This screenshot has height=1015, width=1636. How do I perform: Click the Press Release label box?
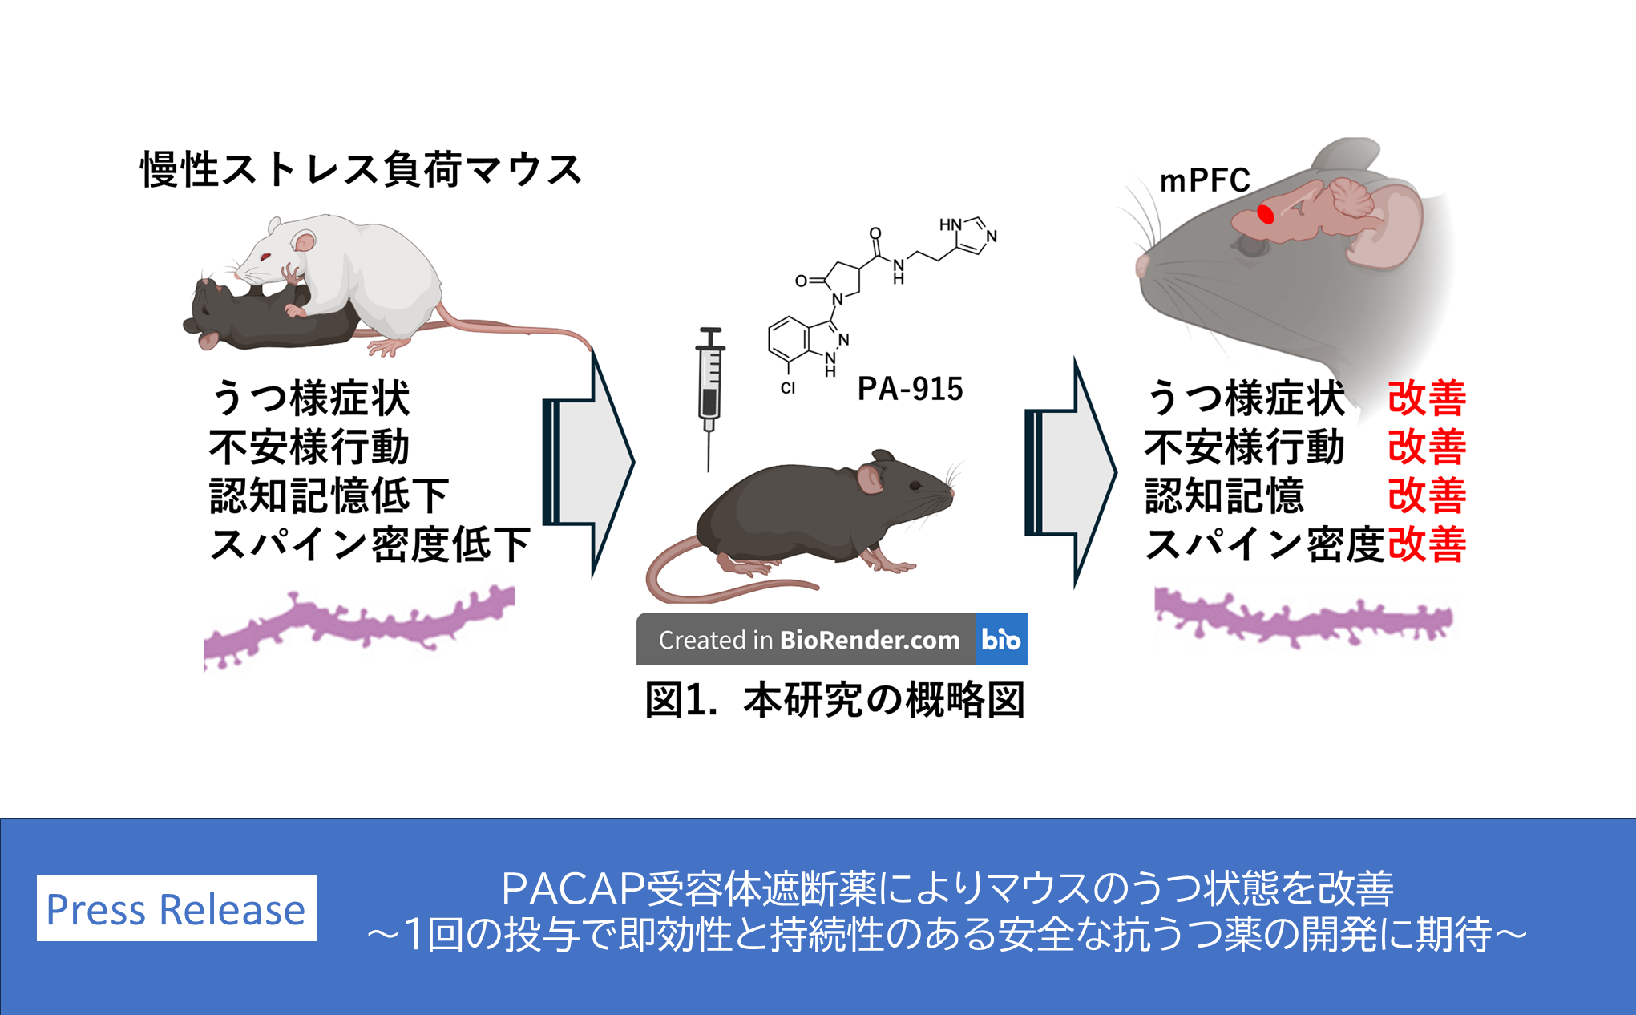click(176, 908)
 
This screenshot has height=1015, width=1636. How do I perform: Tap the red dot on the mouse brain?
click(1265, 214)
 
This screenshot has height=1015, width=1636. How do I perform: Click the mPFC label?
click(1205, 180)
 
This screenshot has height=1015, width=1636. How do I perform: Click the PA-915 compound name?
click(910, 390)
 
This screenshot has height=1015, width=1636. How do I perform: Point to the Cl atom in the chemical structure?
click(788, 389)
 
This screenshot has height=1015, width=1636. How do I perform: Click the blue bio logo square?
click(1001, 639)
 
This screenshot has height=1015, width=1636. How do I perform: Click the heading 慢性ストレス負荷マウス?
click(361, 170)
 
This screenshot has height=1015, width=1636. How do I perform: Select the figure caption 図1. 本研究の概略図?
click(834, 700)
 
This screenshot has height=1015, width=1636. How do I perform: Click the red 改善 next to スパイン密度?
click(1427, 544)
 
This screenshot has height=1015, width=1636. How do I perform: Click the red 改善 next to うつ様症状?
click(1427, 398)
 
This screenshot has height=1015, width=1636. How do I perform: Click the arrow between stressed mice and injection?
click(589, 463)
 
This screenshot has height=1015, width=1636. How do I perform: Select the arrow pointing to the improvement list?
click(1071, 473)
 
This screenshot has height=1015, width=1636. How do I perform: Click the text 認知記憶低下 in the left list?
click(329, 495)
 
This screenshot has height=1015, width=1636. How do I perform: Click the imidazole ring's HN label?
click(950, 225)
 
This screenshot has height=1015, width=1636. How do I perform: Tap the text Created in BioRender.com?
click(808, 640)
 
